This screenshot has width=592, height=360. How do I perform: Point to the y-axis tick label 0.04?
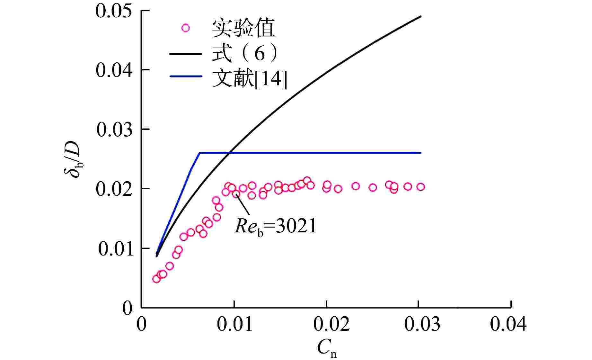click(114, 70)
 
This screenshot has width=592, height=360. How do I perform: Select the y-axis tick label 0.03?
click(114, 130)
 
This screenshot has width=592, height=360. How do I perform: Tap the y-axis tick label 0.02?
click(114, 189)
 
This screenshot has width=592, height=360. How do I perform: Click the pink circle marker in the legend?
click(185, 28)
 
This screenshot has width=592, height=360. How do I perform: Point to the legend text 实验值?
click(243, 28)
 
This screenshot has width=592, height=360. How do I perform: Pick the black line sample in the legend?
click(186, 53)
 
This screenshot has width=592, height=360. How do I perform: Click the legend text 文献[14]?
click(249, 78)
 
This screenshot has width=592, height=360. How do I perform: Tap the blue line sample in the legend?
click(186, 76)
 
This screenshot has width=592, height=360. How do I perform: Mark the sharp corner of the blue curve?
click(199, 153)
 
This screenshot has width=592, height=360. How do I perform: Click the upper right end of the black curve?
click(420, 16)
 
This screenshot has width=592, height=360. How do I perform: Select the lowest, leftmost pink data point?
click(156, 279)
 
